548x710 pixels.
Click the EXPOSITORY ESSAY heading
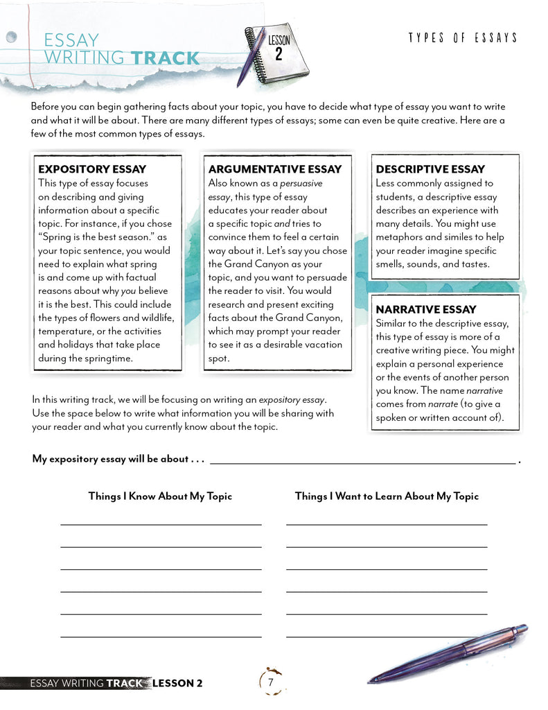point(92,169)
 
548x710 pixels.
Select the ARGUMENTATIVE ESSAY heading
point(274,169)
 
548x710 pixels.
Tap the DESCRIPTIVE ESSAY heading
point(430,169)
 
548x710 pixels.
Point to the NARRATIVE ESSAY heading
point(426,309)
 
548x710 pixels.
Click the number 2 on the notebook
point(279,55)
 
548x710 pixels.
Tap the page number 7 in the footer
point(271,682)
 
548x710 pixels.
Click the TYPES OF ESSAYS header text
point(463,37)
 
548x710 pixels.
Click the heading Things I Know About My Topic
point(160,496)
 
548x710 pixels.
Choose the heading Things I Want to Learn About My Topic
point(387,496)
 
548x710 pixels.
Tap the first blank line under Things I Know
point(161,525)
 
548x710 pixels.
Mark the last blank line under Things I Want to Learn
point(387,637)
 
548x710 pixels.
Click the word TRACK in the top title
point(165,58)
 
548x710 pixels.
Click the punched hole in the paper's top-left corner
point(11,37)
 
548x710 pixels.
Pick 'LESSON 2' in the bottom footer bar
point(177,683)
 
